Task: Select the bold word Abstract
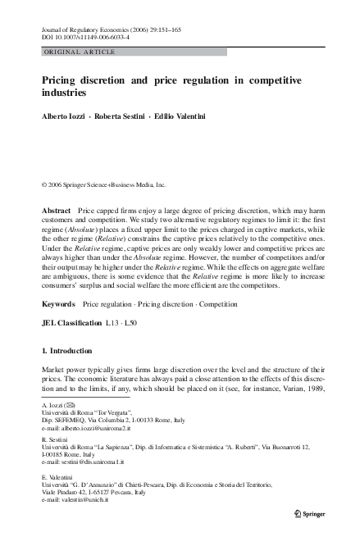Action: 57,211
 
